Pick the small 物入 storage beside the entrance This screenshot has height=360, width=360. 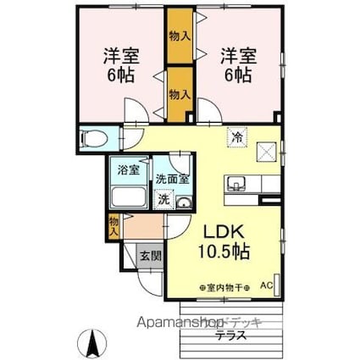(114, 224)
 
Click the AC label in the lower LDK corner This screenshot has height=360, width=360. (266, 284)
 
